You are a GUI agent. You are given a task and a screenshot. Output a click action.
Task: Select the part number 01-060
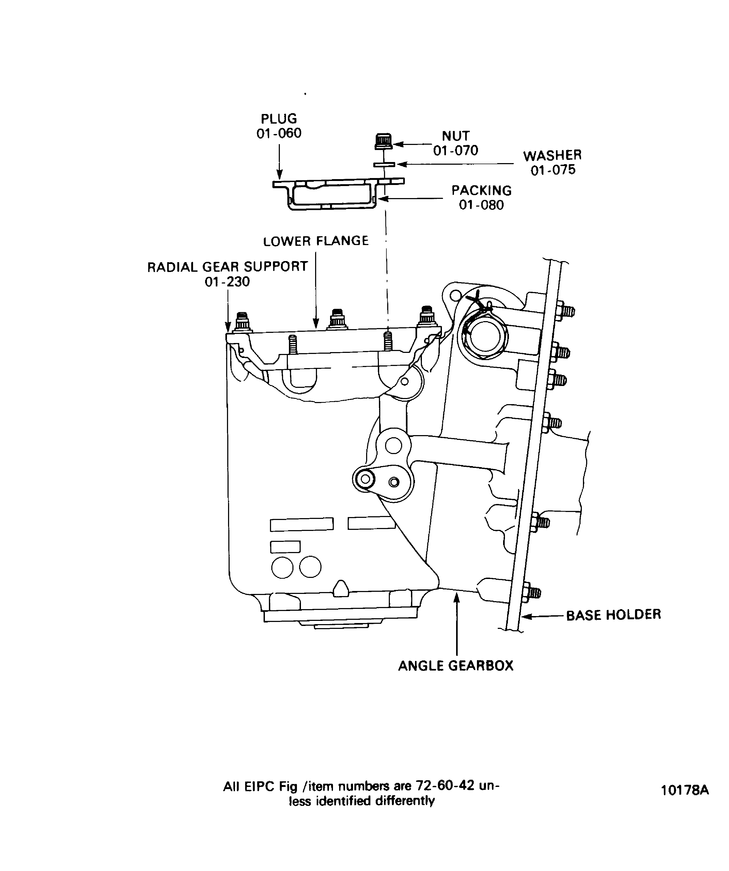coord(279,133)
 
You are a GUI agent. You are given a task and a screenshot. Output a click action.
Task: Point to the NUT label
coord(456,136)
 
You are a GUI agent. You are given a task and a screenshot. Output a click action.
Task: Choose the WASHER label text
coord(552,156)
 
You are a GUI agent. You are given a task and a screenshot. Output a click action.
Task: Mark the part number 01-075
coord(553,170)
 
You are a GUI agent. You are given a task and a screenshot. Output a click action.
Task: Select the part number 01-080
coord(481,205)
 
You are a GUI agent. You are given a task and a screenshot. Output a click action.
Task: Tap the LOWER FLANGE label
coord(316,241)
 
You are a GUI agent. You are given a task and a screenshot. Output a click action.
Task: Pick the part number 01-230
coord(227,282)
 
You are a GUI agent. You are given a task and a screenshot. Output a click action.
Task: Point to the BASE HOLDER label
coord(613,615)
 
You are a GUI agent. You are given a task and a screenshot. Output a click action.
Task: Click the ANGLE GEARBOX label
coord(456,666)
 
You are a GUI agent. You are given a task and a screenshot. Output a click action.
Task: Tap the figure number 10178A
coord(685,790)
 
